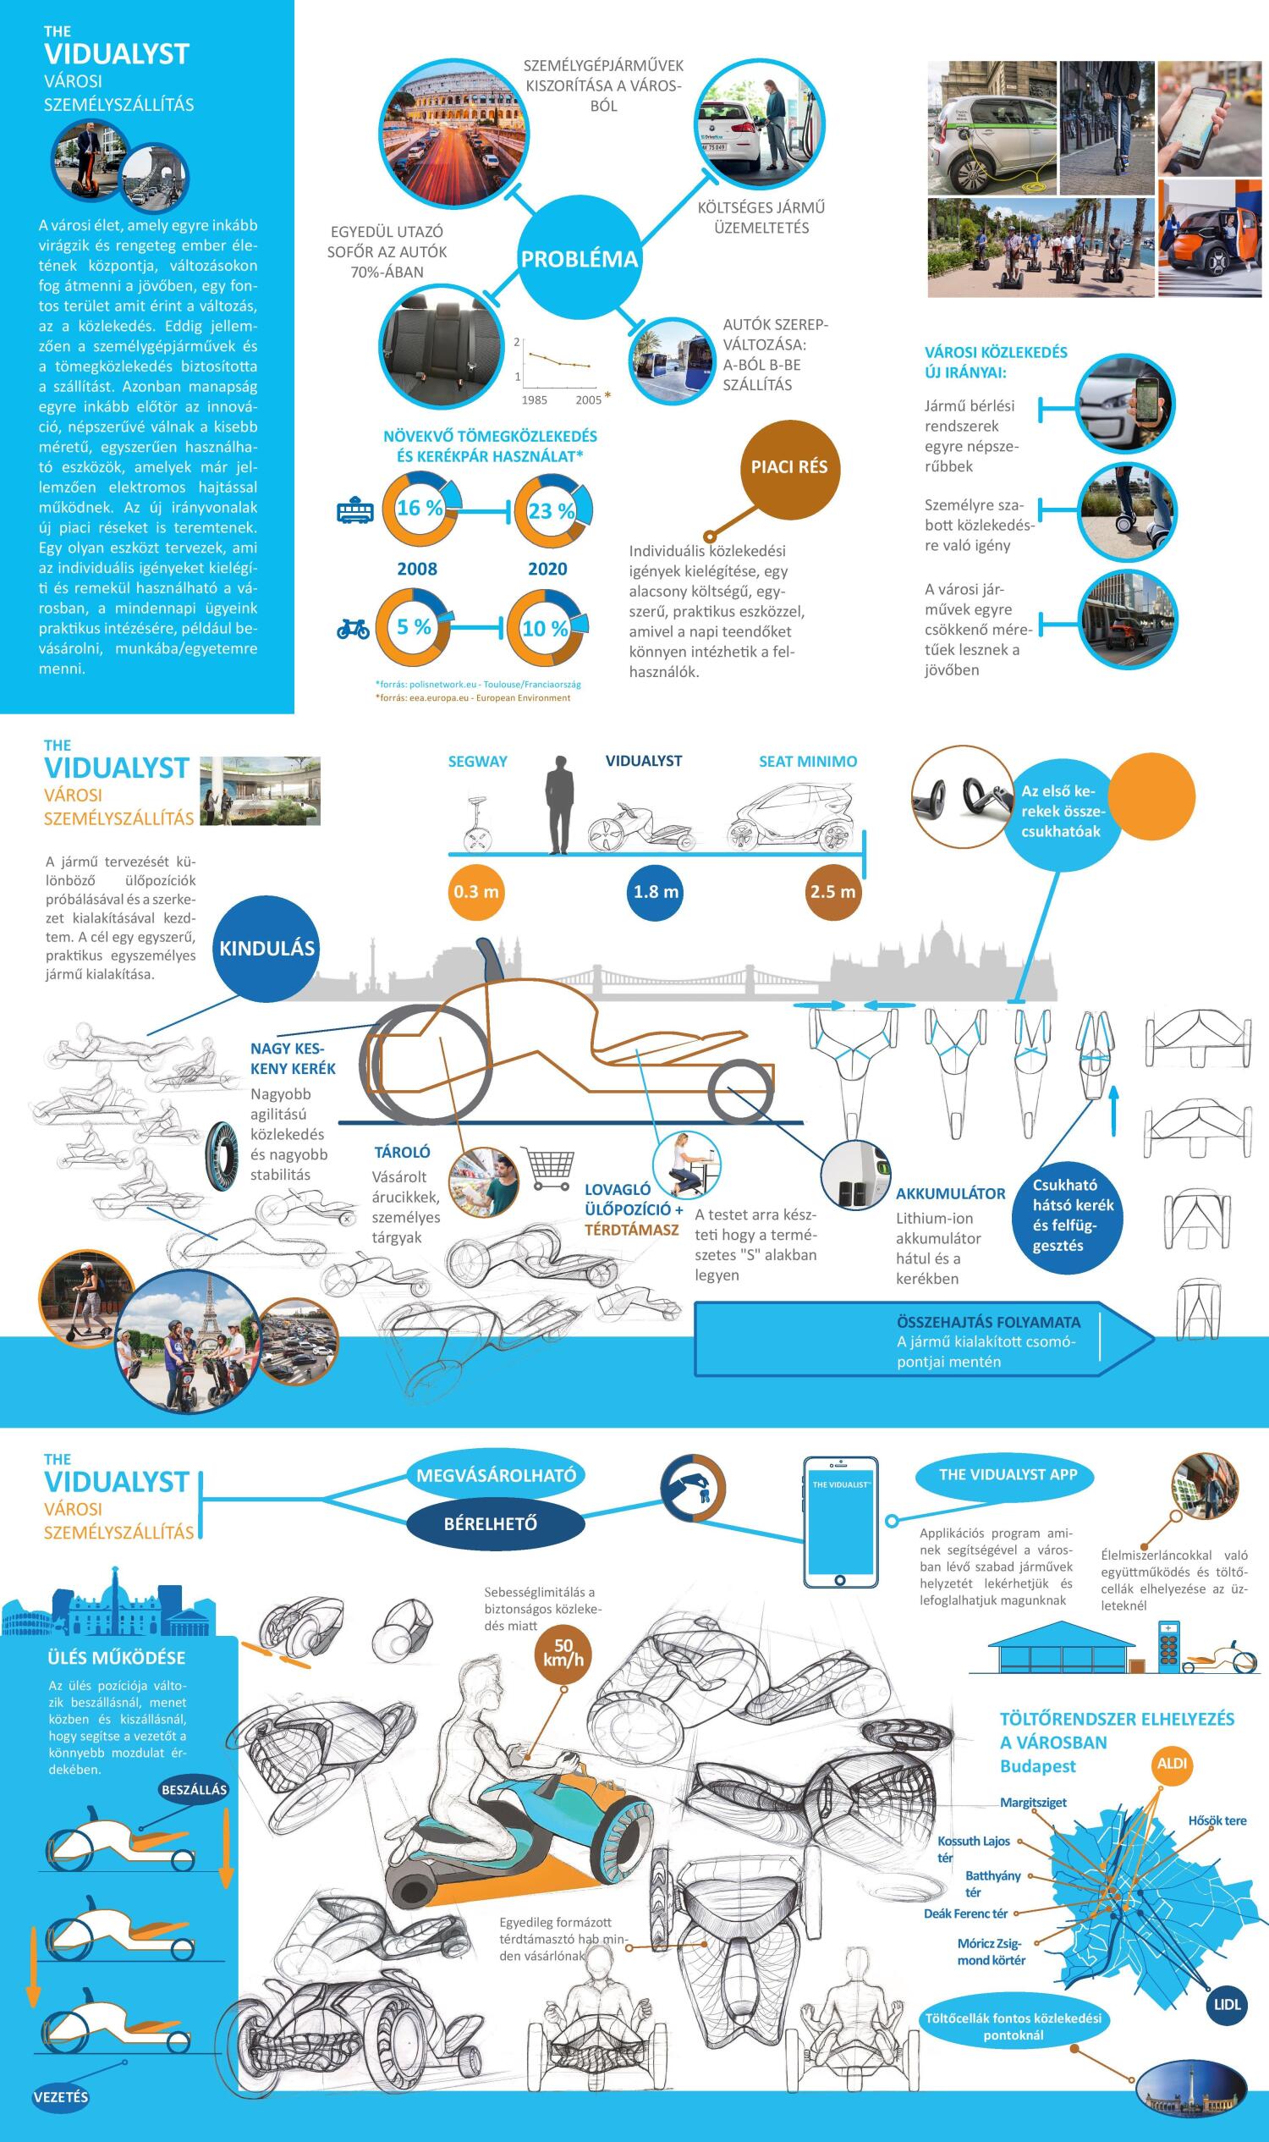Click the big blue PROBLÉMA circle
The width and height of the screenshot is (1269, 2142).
pyautogui.click(x=579, y=258)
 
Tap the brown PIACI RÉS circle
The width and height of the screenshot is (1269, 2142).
pyautogui.click(x=789, y=467)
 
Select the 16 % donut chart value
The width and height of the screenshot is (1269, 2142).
pyautogui.click(x=419, y=508)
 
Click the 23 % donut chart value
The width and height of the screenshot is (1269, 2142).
pyautogui.click(x=552, y=510)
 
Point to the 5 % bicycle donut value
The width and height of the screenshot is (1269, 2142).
pyautogui.click(x=414, y=627)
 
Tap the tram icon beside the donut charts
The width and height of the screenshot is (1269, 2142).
pyautogui.click(x=354, y=511)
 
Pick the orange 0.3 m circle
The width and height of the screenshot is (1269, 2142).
pyautogui.click(x=476, y=891)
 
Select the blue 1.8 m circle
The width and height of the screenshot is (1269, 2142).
pyautogui.click(x=656, y=891)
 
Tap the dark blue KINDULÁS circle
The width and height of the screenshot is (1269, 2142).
pyautogui.click(x=266, y=948)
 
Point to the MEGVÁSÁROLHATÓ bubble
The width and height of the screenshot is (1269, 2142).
pyautogui.click(x=496, y=1475)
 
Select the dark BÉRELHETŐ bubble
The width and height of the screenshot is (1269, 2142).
pyautogui.click(x=490, y=1523)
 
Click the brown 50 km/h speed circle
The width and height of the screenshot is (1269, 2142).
pyautogui.click(x=563, y=1655)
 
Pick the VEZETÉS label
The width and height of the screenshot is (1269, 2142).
pyautogui.click(x=61, y=2096)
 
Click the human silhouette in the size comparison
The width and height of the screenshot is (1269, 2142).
pyautogui.click(x=559, y=805)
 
